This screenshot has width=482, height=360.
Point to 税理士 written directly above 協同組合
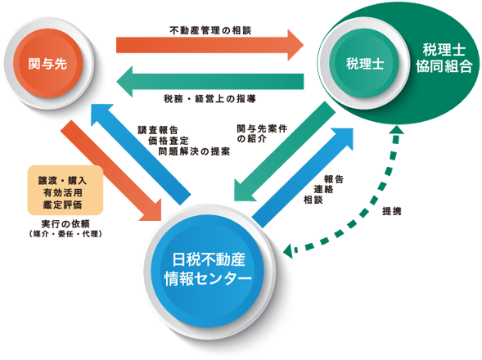coord(444,49)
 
